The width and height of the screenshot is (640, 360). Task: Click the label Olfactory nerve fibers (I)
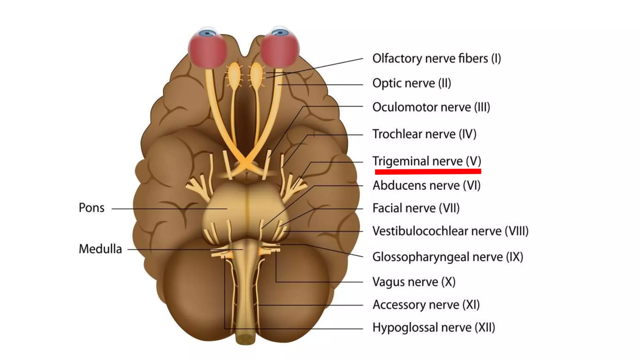tap(437, 58)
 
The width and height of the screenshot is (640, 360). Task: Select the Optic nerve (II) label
tap(412, 83)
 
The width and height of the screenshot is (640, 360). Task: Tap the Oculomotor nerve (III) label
tap(431, 107)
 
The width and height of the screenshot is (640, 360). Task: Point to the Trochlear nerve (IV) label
tap(424, 134)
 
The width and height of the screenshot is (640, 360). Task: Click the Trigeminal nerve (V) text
tap(427, 161)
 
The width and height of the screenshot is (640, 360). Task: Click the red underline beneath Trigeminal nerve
tap(428, 171)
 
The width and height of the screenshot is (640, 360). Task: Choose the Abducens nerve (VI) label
tap(426, 186)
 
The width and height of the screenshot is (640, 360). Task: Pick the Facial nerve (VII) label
tap(416, 208)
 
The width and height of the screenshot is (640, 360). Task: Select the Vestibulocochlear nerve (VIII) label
tap(450, 231)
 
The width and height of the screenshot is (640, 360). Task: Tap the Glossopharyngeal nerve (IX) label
tap(447, 257)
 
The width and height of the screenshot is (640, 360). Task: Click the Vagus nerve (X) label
tap(414, 282)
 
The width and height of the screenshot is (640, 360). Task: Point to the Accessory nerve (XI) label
tap(426, 305)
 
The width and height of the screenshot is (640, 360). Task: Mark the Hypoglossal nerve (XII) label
tap(434, 327)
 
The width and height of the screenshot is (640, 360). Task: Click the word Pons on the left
tap(91, 208)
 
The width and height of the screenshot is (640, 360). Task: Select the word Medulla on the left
tap(100, 249)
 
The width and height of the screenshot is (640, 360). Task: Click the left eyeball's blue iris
tap(207, 32)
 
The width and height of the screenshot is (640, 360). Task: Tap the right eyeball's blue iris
tap(280, 32)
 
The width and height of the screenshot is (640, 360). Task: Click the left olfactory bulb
tap(234, 73)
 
